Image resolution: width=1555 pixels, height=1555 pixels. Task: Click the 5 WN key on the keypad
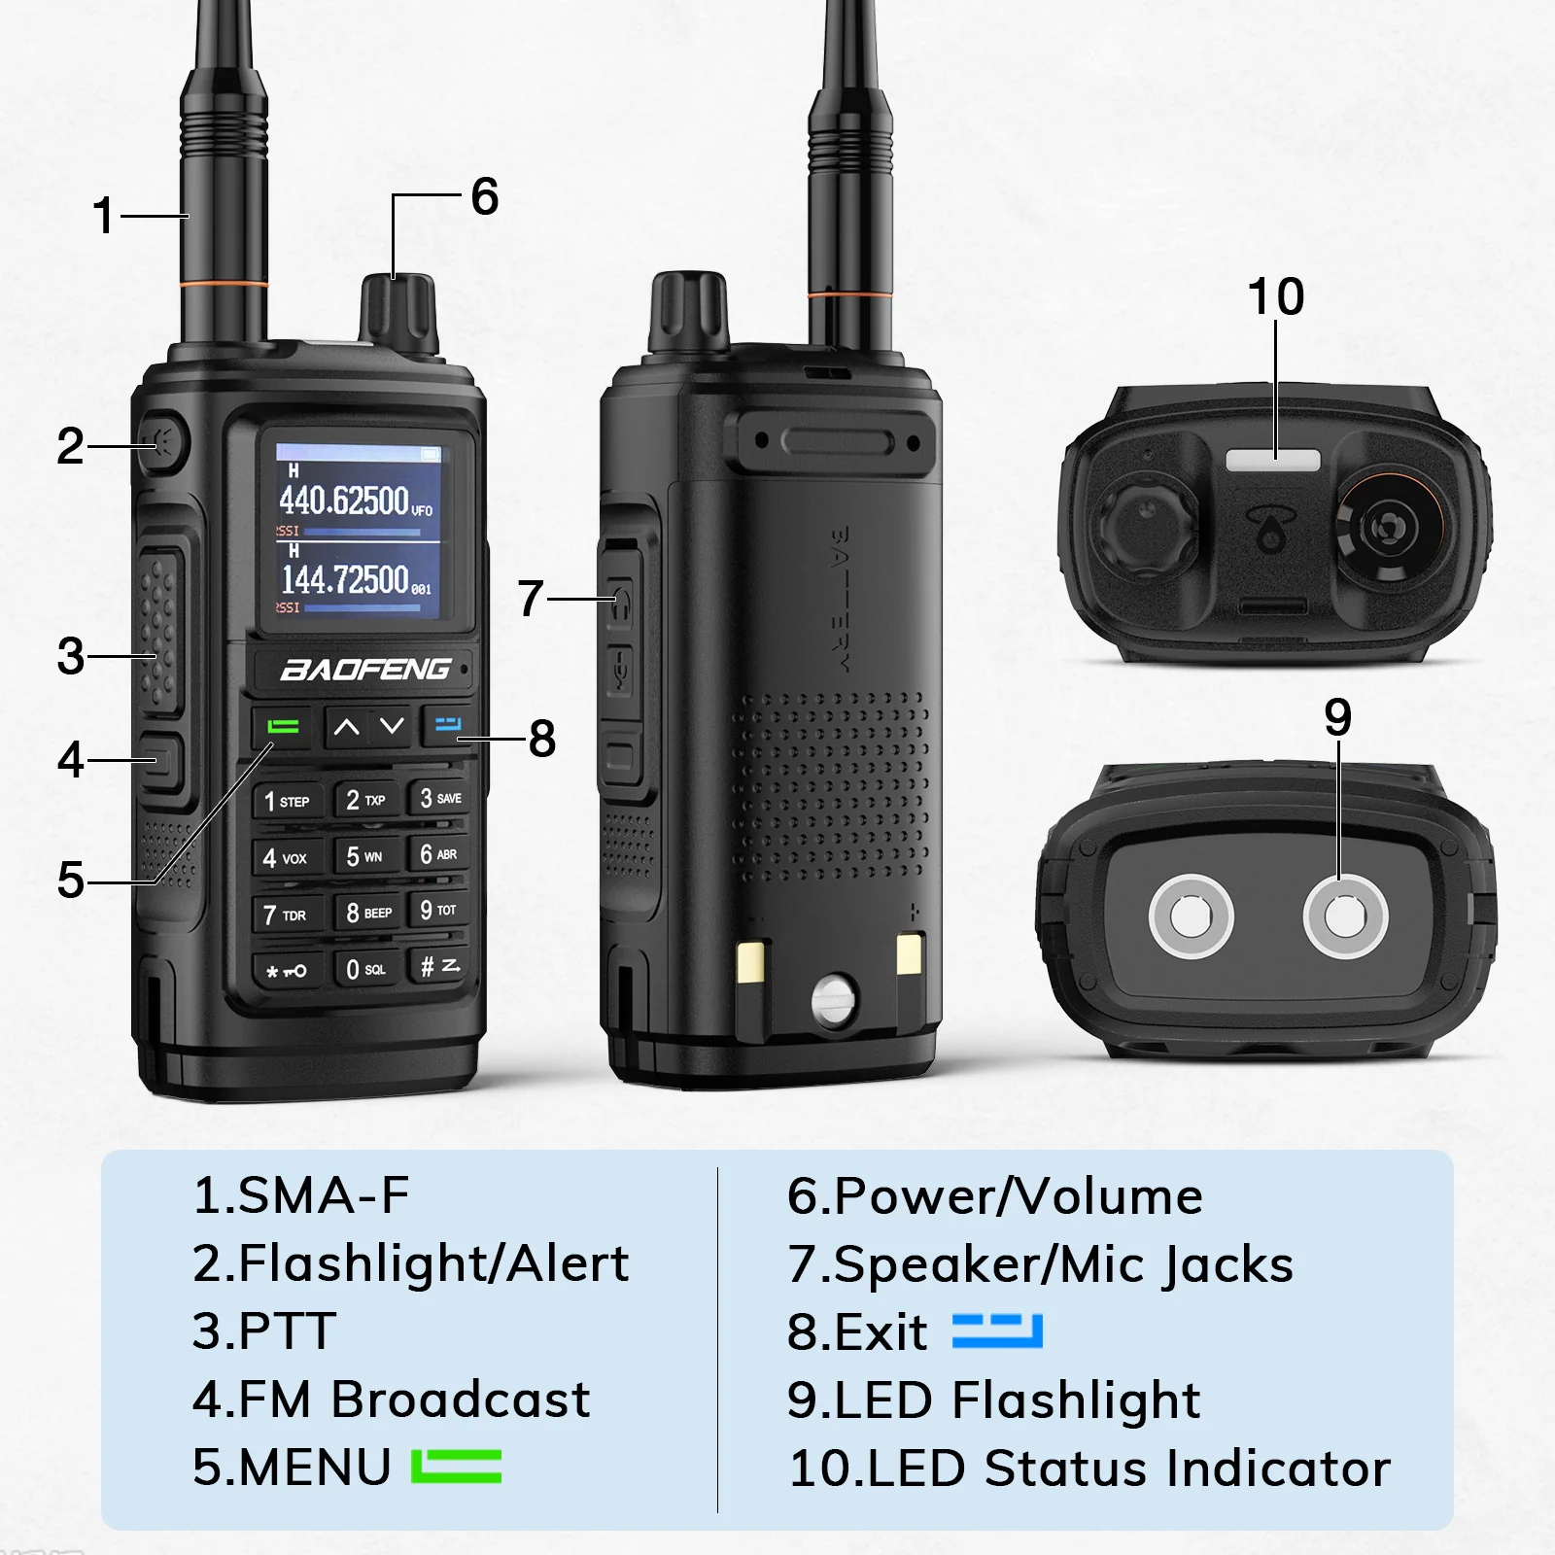pos(364,856)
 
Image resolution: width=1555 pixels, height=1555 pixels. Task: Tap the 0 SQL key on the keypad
pos(365,969)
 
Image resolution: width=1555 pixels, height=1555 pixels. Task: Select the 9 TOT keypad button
pos(438,910)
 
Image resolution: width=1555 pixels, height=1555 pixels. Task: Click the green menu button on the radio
pos(283,726)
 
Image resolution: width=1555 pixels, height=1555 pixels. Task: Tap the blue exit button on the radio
pos(448,724)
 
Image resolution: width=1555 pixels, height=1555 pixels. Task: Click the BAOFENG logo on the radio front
pos(365,670)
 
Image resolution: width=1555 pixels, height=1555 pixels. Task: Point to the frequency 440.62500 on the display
pos(345,501)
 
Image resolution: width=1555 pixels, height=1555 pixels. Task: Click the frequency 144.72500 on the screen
pos(345,580)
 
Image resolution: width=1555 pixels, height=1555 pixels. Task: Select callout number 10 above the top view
pos(1275,296)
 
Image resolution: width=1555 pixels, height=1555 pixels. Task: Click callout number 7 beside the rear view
pos(530,598)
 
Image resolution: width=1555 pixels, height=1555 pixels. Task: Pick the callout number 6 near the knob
pos(484,197)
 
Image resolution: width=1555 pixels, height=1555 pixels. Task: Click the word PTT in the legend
pos(264,1331)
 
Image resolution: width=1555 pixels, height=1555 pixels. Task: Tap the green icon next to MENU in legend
pos(456,1467)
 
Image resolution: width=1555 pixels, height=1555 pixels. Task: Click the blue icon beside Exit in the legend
pos(997,1331)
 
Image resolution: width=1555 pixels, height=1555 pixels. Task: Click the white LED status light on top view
pos(1273,460)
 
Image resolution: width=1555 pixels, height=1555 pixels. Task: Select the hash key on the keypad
pos(438,966)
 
